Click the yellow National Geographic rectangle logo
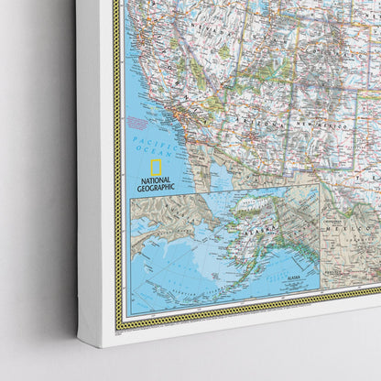pos(156,168)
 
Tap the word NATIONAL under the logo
pos(155,180)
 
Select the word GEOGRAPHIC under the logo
pos(156,189)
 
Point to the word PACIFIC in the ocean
pos(147,139)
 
